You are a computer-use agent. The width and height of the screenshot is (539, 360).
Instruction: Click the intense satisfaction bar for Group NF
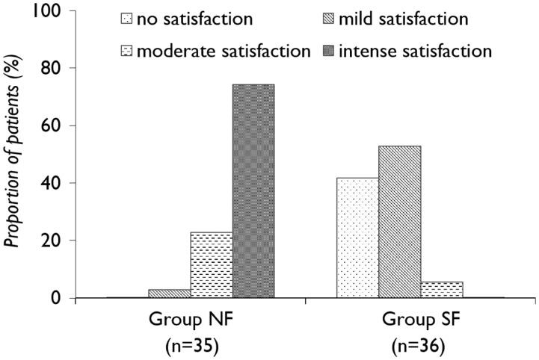coord(253,191)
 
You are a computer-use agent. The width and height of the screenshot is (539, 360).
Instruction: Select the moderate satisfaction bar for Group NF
coord(212,265)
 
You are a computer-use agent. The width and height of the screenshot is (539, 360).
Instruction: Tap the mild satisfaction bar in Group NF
coord(170,294)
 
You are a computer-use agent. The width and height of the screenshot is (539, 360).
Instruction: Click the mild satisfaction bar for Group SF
coord(399,222)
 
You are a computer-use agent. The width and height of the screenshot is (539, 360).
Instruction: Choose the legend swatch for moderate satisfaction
coord(126,52)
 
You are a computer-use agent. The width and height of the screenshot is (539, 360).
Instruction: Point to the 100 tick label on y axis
coord(53,10)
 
